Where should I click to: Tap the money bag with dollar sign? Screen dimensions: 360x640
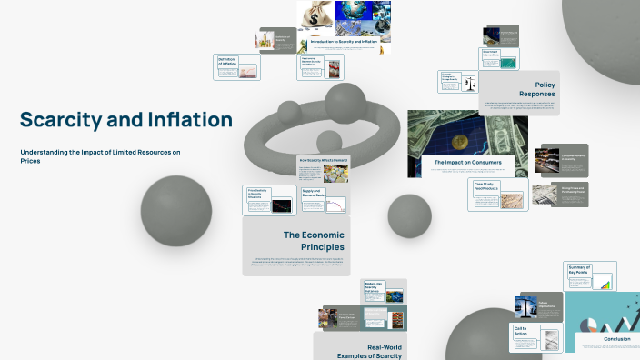click(319, 15)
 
